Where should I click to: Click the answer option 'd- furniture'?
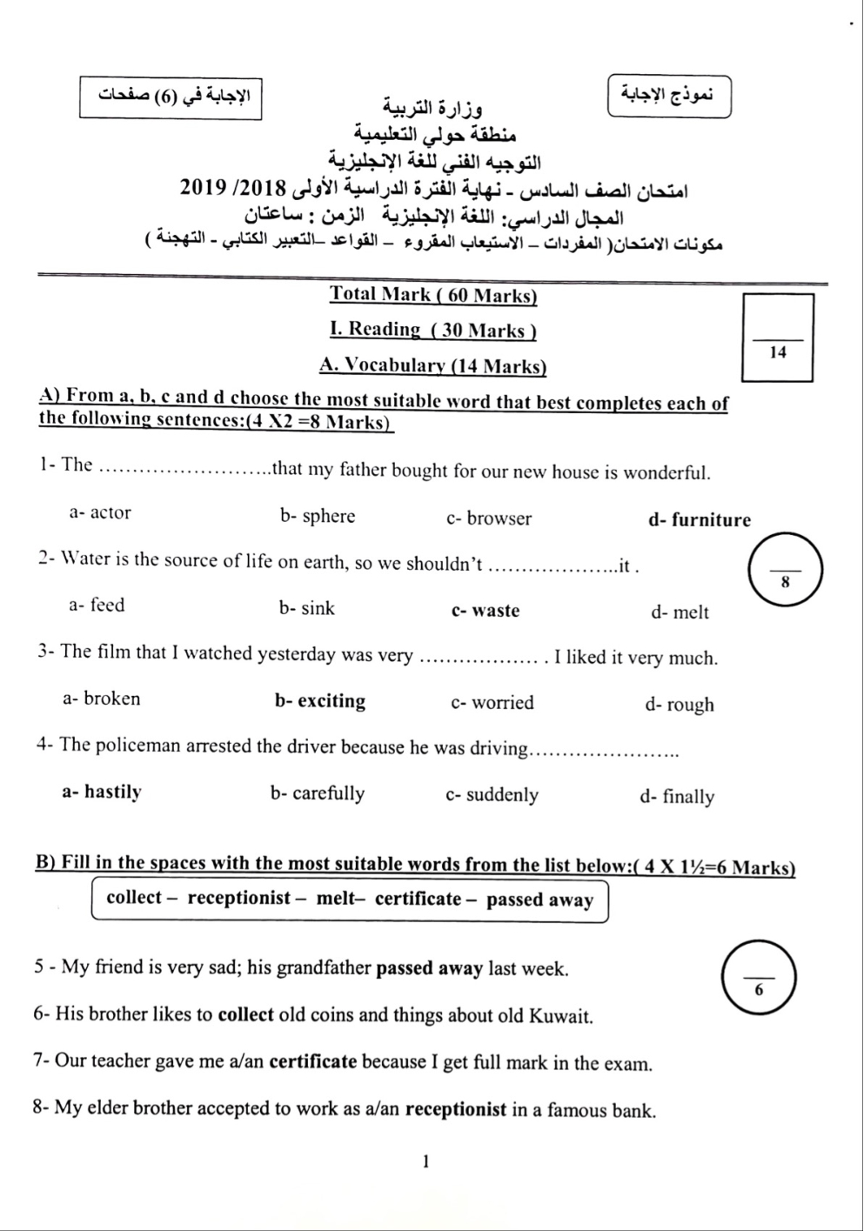[699, 520]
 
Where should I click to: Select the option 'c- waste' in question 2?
[485, 611]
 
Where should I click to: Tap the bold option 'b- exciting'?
[320, 701]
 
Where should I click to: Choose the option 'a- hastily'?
[102, 792]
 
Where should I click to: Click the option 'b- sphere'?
[318, 516]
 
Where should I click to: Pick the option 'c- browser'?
[489, 518]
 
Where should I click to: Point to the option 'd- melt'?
[680, 612]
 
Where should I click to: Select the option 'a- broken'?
[101, 699]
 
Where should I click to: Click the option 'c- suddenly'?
[492, 794]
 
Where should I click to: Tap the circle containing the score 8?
[785, 571]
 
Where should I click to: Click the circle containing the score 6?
[759, 978]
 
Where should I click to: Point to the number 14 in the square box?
[778, 352]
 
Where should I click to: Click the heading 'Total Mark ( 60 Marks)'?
[432, 295]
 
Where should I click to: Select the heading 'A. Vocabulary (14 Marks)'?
[432, 366]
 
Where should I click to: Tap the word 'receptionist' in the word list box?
[238, 898]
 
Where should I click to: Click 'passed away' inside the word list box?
[539, 900]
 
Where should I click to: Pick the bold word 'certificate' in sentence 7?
[313, 1062]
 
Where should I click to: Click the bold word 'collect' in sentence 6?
[246, 1014]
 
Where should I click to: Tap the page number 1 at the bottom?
[425, 1161]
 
